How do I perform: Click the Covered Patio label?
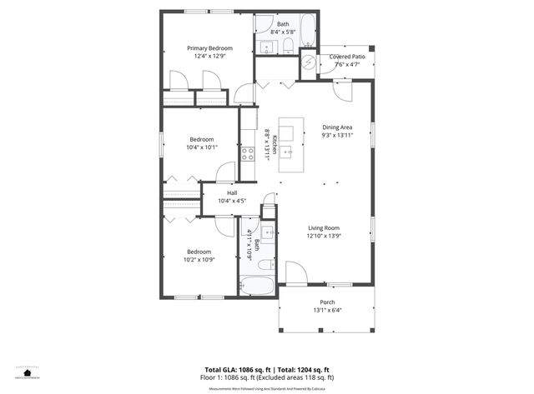(x=345, y=57)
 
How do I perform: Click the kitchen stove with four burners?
(x=248, y=153)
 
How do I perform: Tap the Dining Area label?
(x=337, y=127)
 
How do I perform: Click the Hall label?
(x=231, y=193)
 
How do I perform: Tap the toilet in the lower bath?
(x=264, y=264)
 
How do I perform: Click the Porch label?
(x=327, y=302)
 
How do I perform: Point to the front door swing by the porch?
(x=295, y=272)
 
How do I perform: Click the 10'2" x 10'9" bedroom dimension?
(x=199, y=259)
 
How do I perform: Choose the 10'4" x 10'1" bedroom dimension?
(x=202, y=147)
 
